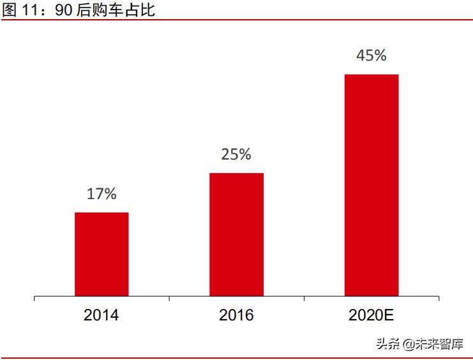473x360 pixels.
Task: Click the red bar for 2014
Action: pos(101,254)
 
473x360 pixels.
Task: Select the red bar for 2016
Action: pos(236,234)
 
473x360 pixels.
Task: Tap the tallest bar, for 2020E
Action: pos(372,185)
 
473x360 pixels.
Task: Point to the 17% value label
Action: pos(101,194)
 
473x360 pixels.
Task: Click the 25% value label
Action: pos(236,154)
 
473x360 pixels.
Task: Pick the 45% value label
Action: pos(372,56)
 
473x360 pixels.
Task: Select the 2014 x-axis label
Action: pos(101,315)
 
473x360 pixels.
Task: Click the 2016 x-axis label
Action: pos(236,315)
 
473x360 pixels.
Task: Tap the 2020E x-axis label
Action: pos(371,315)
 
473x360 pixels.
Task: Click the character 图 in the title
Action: pos(9,10)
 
